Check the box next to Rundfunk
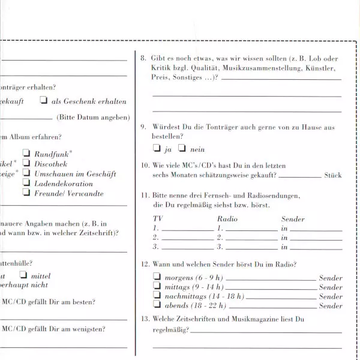pyautogui.click(x=26, y=154)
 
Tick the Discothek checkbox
pyautogui.click(x=26, y=163)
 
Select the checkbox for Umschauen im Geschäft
pyautogui.click(x=26, y=173)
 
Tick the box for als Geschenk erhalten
pyautogui.click(x=44, y=101)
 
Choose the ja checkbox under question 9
pyautogui.click(x=157, y=148)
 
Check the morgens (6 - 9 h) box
pyautogui.click(x=157, y=277)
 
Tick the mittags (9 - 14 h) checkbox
pyautogui.click(x=157, y=286)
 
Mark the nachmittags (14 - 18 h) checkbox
pyautogui.click(x=157, y=296)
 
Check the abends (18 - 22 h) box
pyautogui.click(x=157, y=305)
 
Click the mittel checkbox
pyautogui.click(x=23, y=275)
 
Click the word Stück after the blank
pyautogui.click(x=332, y=175)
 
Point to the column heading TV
pyautogui.click(x=158, y=219)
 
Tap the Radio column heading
pyautogui.click(x=227, y=219)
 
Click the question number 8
pyautogui.click(x=143, y=59)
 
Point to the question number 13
pyautogui.click(x=145, y=319)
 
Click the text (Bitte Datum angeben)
pyautogui.click(x=93, y=118)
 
